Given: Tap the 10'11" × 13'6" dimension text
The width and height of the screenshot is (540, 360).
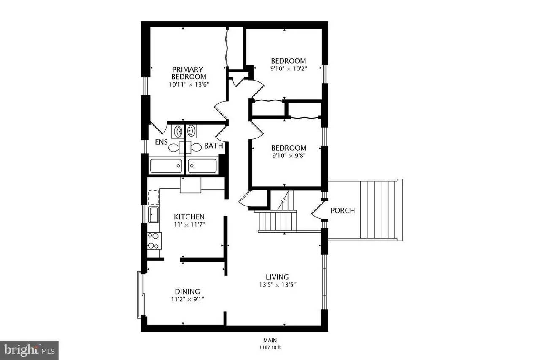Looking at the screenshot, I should [x=189, y=84].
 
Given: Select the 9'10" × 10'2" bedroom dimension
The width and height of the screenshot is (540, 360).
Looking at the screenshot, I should [x=289, y=68].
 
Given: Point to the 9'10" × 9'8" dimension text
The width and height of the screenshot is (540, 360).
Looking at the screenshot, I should [x=289, y=155].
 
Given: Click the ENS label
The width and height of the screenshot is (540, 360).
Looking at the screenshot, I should [x=161, y=142].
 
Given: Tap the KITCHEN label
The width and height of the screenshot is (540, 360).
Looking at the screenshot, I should [x=189, y=217].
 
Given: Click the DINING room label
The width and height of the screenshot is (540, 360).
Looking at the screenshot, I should [x=187, y=291].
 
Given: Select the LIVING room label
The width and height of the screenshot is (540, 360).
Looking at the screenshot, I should [x=277, y=277].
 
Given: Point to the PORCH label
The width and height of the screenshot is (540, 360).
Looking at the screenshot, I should [x=343, y=210].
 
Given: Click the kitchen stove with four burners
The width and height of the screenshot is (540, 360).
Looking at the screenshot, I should [x=154, y=241].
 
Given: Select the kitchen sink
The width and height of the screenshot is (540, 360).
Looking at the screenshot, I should [x=154, y=214].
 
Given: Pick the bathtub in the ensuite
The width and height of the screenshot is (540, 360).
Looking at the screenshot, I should [x=166, y=165].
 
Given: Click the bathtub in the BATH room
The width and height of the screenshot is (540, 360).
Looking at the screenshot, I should [x=202, y=165].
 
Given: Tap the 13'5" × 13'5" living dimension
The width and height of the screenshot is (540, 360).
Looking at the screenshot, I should [x=277, y=284].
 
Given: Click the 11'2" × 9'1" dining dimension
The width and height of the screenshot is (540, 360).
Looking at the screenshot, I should [x=187, y=299].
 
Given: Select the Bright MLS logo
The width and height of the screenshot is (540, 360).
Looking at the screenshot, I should [x=29, y=350].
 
